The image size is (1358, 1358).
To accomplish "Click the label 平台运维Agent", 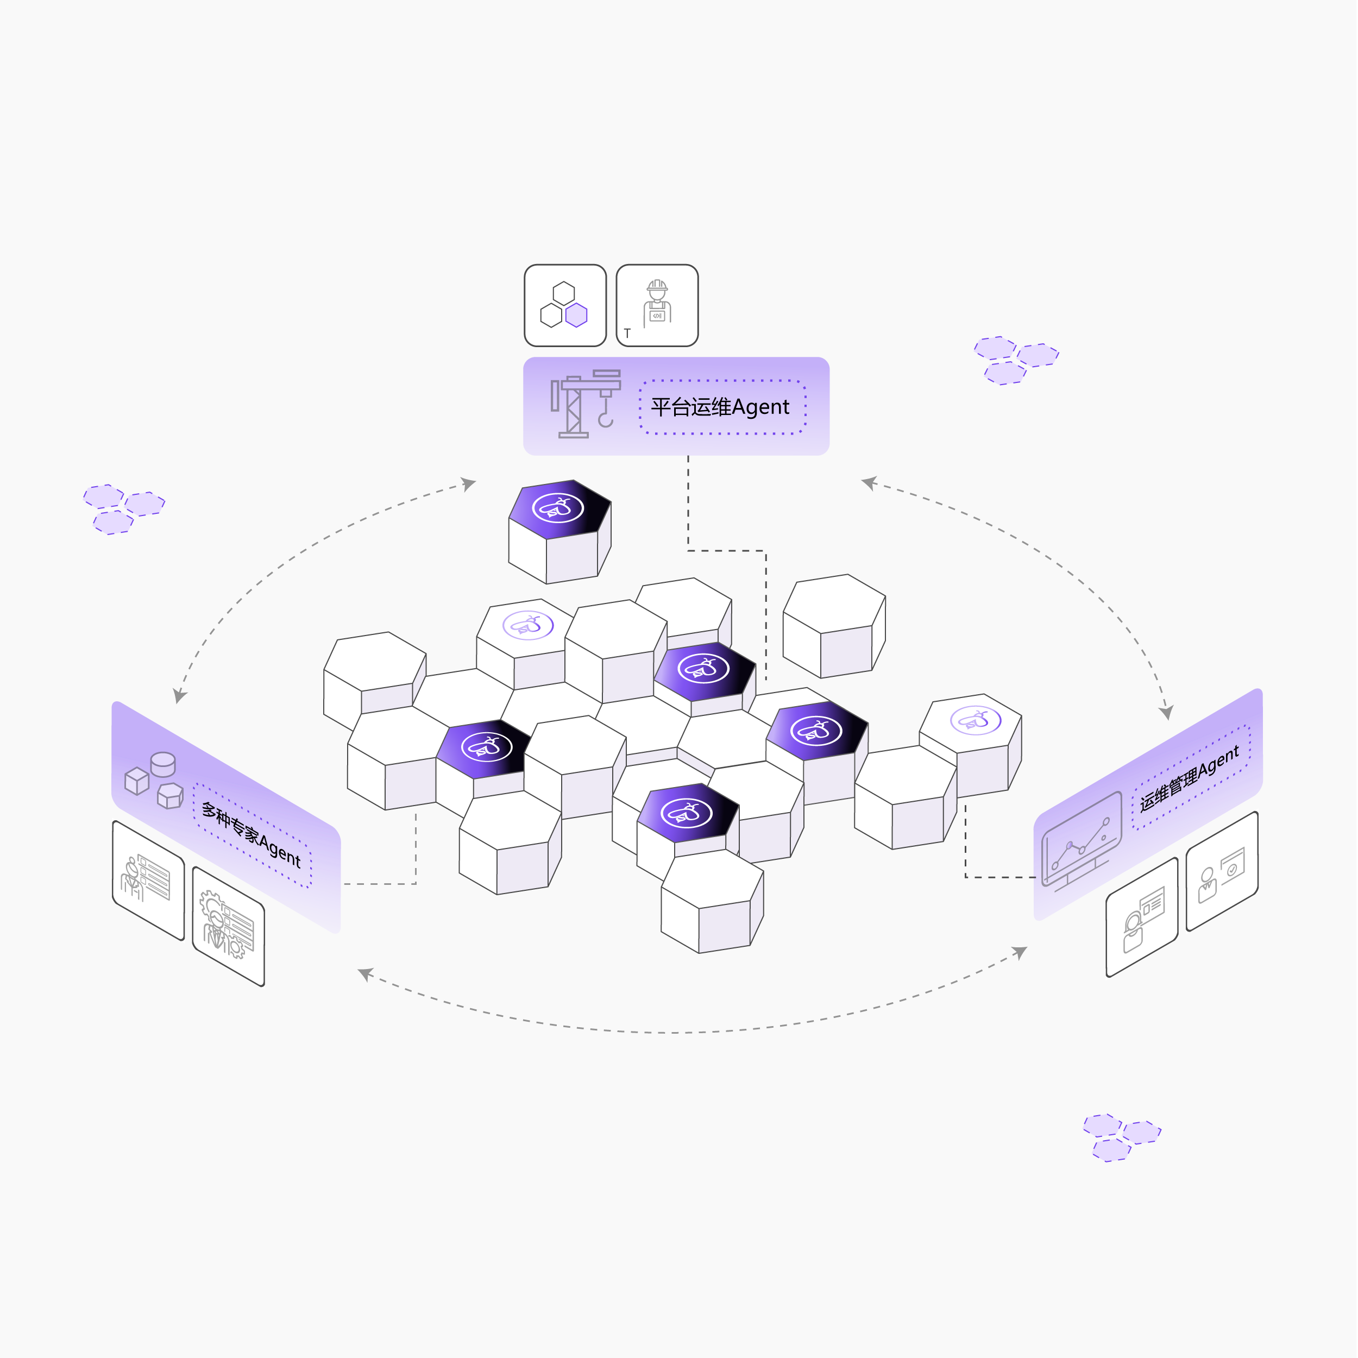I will [x=720, y=407].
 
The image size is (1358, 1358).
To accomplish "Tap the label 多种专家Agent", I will [x=251, y=834].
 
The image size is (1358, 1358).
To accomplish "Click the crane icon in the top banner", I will [x=585, y=404].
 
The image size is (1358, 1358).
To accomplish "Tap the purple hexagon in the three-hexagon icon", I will [x=576, y=315].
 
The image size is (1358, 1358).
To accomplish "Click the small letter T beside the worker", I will [x=627, y=333].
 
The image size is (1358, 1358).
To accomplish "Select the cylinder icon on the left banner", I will [x=163, y=764].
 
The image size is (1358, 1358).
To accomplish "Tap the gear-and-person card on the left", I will [x=228, y=925].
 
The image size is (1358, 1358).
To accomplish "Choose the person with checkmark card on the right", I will [x=1222, y=872].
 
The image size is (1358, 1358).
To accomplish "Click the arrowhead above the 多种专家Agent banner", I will [x=180, y=696].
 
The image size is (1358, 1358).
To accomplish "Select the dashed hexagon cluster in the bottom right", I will [x=1121, y=1136].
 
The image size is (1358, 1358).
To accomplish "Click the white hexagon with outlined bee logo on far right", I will [x=975, y=720].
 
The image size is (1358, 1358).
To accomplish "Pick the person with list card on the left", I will [x=148, y=878].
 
